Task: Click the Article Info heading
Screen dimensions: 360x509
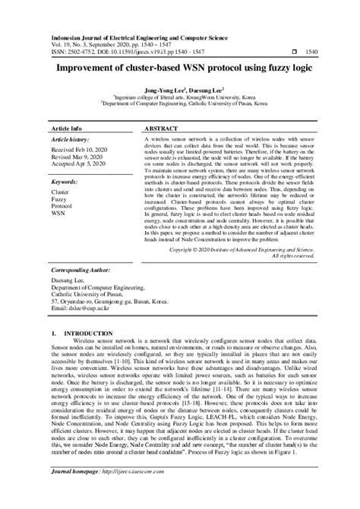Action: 66,129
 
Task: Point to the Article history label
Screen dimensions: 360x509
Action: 71,141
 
